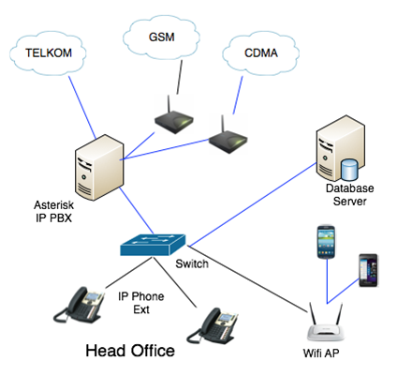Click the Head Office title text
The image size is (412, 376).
tap(129, 353)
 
